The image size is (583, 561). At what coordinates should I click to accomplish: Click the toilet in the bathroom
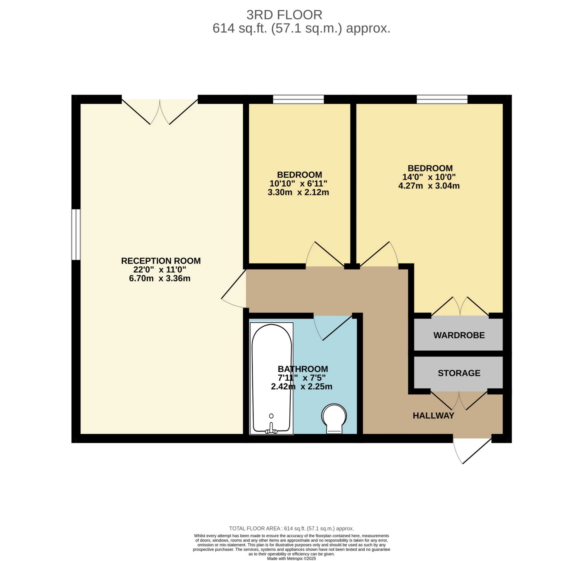334,418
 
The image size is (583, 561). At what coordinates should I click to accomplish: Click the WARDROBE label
459,335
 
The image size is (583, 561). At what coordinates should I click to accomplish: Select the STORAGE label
459,373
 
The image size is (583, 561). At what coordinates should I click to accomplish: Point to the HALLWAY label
433,416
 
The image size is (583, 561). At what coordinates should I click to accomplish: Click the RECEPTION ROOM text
161,261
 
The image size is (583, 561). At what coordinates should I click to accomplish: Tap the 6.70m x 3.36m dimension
160,278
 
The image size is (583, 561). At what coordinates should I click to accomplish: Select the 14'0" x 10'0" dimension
429,177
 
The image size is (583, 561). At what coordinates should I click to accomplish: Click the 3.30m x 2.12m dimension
298,192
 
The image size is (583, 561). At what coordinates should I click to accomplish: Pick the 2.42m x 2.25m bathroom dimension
302,387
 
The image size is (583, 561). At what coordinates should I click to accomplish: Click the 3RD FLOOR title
284,15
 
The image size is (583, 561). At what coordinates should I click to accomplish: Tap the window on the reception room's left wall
76,234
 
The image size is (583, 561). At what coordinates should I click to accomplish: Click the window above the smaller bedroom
298,99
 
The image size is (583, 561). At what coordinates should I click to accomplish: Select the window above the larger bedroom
442,99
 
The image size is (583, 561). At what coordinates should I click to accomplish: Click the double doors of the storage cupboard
459,401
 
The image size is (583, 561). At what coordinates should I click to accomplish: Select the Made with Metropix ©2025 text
291,559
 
